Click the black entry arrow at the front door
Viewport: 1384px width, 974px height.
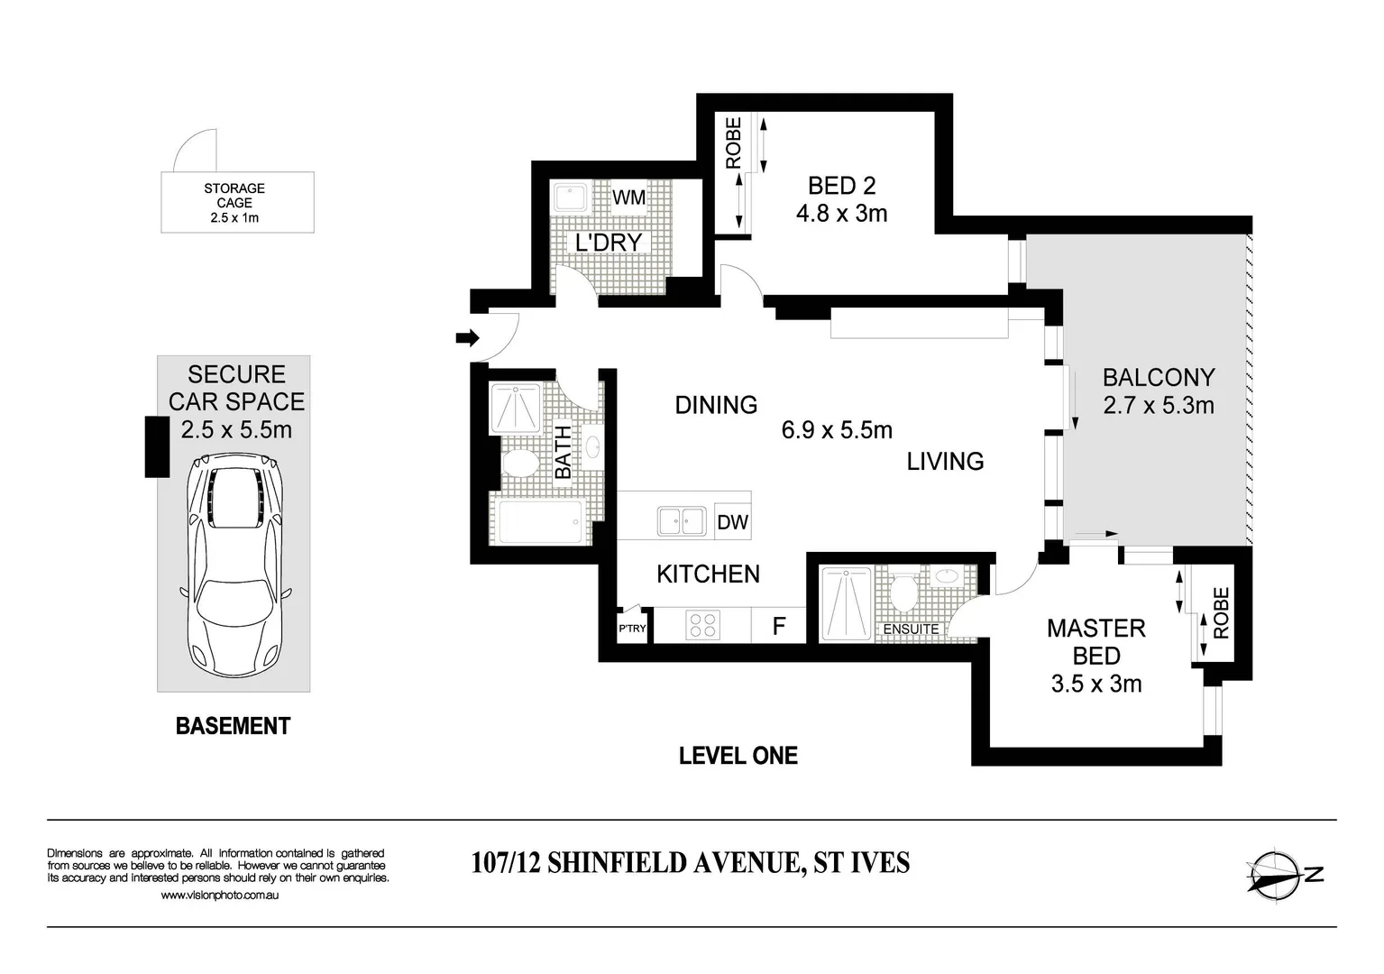(467, 338)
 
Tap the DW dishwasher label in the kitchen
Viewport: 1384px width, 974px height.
(732, 522)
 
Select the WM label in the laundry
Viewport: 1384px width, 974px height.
(628, 197)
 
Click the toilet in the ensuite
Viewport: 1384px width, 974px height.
(903, 593)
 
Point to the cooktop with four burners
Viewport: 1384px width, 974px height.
(702, 624)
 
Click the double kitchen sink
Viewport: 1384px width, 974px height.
(682, 521)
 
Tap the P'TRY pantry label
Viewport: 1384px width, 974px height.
(632, 629)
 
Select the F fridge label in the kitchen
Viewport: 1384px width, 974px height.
(779, 625)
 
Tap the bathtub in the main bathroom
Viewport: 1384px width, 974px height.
(539, 521)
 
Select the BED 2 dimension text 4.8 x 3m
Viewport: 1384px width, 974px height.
(841, 214)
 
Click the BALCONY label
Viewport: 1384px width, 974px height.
(1159, 377)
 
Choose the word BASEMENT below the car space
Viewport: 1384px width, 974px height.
(233, 726)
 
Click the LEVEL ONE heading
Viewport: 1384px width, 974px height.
(738, 756)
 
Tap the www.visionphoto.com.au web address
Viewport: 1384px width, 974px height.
(219, 896)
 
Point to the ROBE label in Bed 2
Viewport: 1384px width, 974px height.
(733, 143)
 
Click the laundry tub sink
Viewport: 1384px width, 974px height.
(570, 198)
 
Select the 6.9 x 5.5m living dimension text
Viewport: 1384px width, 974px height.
(837, 430)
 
